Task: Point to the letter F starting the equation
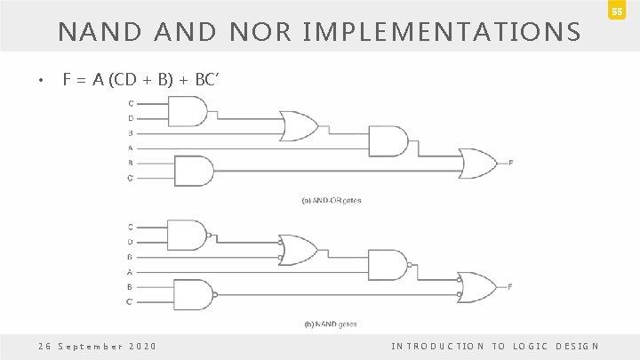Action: click(68, 81)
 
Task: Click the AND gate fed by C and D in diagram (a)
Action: click(192, 111)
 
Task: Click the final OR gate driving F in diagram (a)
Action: click(479, 162)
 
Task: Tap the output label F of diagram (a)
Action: click(510, 162)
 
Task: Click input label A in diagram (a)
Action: click(131, 148)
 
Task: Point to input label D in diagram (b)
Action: click(131, 242)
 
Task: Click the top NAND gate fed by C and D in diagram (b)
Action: click(192, 235)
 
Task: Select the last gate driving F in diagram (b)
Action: click(479, 285)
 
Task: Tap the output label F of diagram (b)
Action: click(510, 285)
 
